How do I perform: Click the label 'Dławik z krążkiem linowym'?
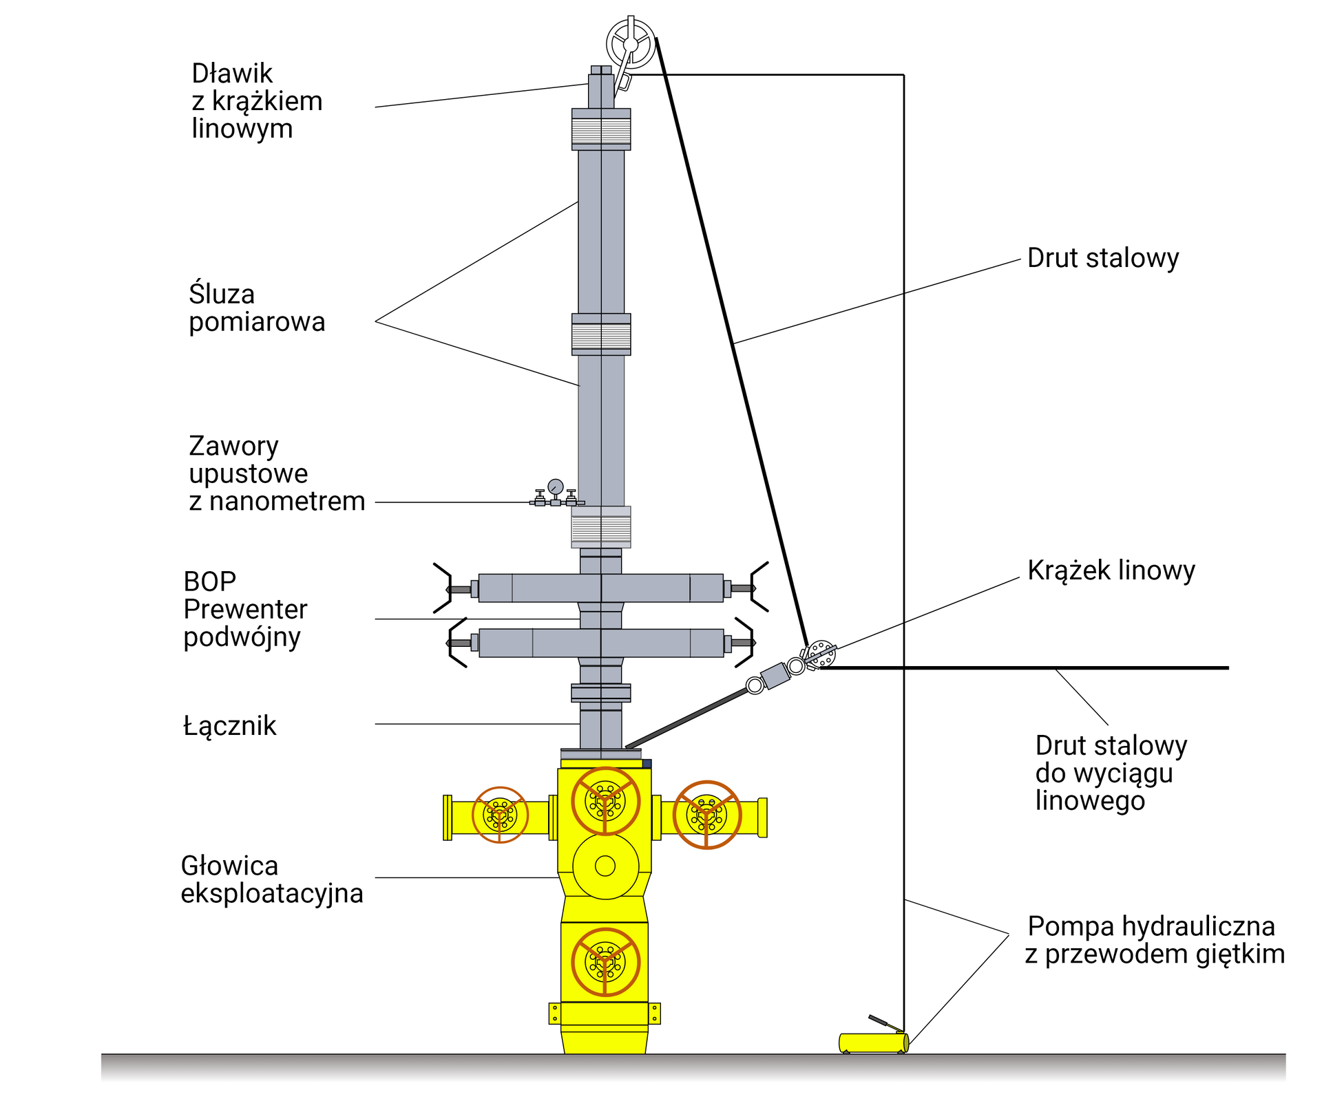click(256, 101)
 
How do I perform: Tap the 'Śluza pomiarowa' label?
click(256, 308)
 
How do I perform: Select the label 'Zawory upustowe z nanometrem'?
click(276, 473)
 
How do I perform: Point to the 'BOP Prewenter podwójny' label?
click(244, 609)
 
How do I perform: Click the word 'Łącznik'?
click(229, 726)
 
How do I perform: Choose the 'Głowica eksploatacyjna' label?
click(271, 879)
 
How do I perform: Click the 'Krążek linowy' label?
click(1111, 570)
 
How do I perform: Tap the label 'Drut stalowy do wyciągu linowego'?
click(1111, 773)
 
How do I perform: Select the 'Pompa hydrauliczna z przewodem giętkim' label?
click(1154, 940)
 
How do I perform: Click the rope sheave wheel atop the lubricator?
click(631, 43)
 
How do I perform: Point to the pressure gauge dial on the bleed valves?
click(555, 487)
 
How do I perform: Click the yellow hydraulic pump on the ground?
click(873, 1043)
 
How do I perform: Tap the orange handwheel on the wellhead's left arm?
click(500, 815)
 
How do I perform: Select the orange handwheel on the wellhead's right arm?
click(706, 815)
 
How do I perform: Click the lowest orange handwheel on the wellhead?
click(605, 962)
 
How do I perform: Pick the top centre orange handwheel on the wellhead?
click(605, 801)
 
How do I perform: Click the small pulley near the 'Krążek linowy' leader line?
click(821, 654)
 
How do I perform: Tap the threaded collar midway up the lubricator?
click(601, 335)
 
